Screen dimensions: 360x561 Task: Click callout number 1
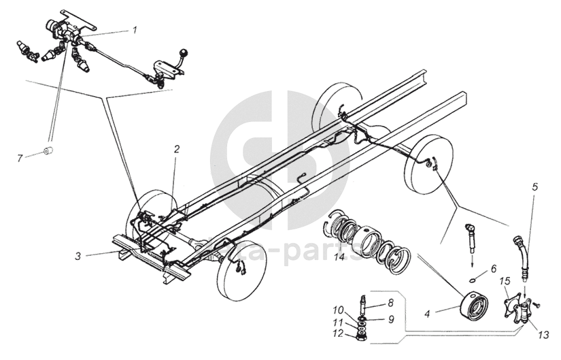point(135,29)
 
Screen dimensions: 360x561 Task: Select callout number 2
point(176,148)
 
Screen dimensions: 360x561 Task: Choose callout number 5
point(535,186)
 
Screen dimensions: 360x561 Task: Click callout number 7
point(20,158)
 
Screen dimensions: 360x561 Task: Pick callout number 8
point(390,302)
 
